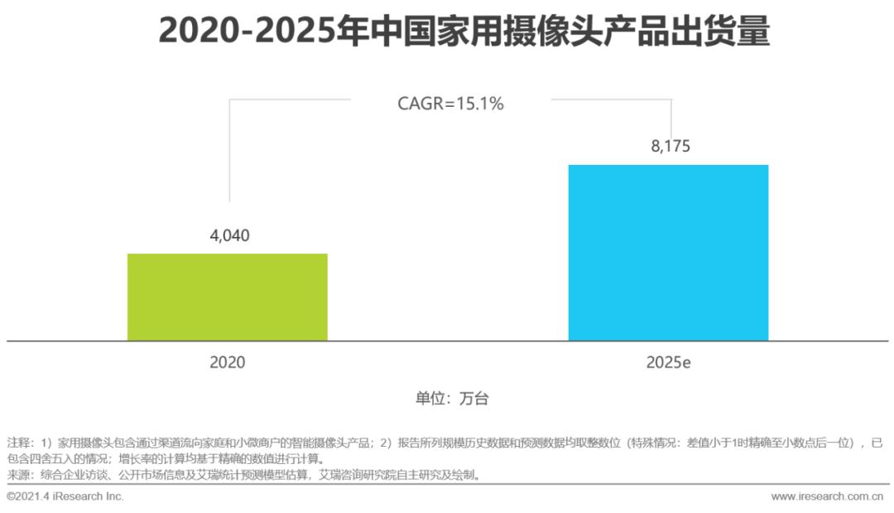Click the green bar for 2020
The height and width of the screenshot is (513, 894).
coord(227,297)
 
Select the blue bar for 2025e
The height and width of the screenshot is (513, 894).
coord(668,253)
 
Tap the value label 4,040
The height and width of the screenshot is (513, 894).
coord(229,235)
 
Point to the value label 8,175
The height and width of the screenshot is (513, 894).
coord(670,147)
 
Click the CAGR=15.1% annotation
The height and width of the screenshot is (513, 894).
coord(451,104)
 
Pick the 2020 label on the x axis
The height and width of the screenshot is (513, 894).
coord(228,362)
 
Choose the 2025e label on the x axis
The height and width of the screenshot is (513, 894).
coord(670,362)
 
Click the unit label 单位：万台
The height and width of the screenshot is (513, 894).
coord(452,399)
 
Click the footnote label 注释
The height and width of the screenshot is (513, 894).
coord(17,443)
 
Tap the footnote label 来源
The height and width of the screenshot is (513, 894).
coord(17,475)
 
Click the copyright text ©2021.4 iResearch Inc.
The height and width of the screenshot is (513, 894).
coord(65,496)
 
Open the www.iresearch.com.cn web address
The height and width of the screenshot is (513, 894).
coord(827,496)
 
